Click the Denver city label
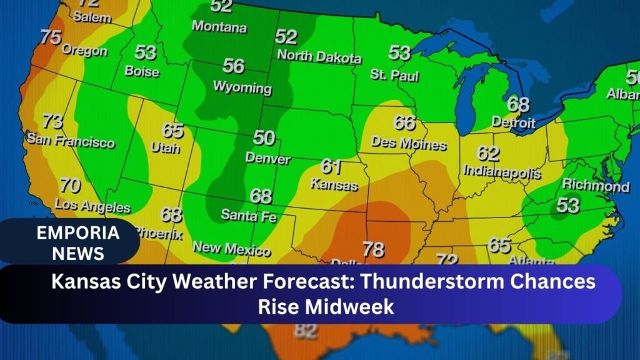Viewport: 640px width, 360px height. pos(267,158)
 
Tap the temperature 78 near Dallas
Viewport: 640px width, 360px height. pos(373,249)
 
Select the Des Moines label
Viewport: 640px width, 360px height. pos(409,143)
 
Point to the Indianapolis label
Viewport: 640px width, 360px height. pos(502,171)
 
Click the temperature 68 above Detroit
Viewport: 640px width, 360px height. pos(518,104)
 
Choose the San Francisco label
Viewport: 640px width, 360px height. pos(70,141)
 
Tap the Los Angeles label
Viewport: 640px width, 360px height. pos(92,205)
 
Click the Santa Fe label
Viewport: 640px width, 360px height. pos(249,216)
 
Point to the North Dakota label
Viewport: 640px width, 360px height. pos(319,56)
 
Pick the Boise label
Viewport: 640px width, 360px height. pos(142,71)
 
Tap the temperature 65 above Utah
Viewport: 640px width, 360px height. pos(173,130)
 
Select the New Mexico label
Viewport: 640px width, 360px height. pos(231,248)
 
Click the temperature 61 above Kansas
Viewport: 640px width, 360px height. pos(331,166)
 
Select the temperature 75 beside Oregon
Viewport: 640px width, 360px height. pos(51,37)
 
